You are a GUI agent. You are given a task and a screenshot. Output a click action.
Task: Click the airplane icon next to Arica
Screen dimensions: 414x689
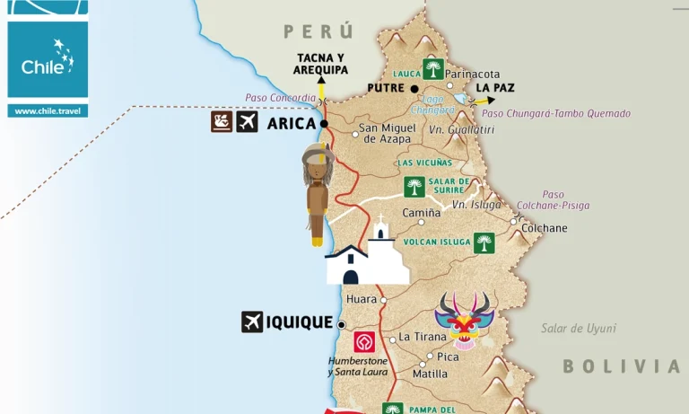coord(248,122)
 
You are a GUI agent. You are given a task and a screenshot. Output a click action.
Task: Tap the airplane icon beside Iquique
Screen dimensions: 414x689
coord(252,322)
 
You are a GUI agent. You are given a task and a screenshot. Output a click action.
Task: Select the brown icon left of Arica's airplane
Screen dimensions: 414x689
coord(222,122)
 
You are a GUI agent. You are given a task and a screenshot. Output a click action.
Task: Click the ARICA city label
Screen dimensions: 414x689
coord(292,123)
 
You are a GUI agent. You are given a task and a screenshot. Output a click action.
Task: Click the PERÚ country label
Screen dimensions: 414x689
coord(318,31)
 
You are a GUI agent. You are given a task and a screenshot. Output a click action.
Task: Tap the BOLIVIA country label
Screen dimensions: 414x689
coord(622,366)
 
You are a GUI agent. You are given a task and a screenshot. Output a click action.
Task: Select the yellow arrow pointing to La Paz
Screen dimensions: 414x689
coord(484,101)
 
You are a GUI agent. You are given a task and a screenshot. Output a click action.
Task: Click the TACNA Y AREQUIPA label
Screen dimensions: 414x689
coord(322,64)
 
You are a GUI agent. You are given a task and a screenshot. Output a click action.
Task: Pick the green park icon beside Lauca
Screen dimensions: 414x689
coord(434,69)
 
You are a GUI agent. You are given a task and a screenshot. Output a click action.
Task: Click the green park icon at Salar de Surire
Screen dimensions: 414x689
coord(414,187)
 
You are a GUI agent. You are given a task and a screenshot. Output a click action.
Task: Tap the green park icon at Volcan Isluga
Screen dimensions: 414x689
coord(484,242)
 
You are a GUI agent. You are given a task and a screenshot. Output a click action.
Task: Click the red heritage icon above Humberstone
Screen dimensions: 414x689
coord(363,342)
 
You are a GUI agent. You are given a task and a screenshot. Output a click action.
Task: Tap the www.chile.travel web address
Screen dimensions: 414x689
coord(48,110)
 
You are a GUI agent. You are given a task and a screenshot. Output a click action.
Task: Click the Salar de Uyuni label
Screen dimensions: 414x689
coord(578,329)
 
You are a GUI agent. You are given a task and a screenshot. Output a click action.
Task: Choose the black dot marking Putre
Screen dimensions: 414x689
coord(414,89)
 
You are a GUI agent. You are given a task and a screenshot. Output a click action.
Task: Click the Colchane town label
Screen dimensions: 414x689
coord(545,228)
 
